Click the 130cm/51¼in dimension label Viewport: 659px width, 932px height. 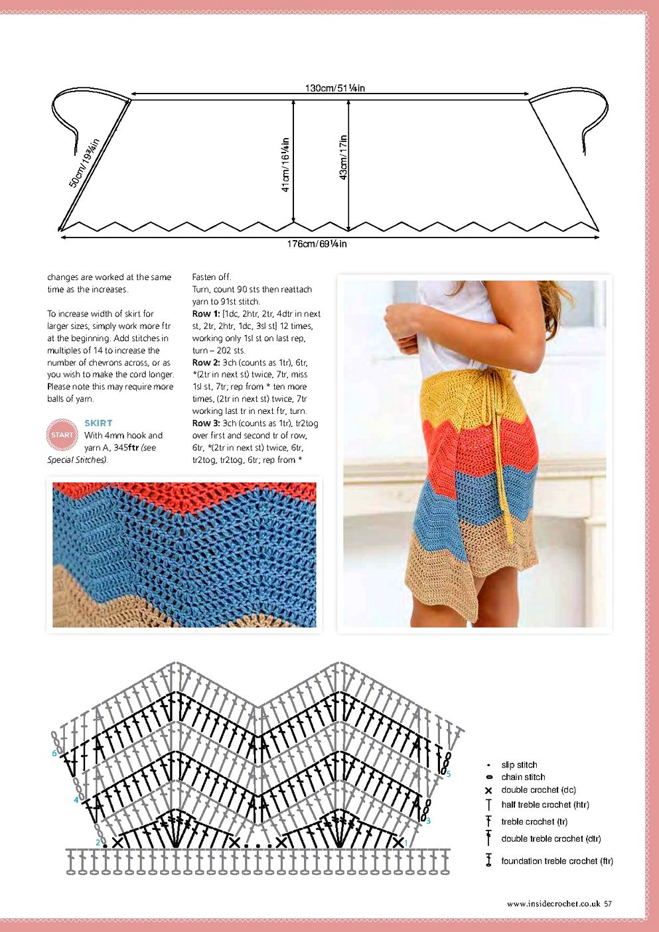(334, 88)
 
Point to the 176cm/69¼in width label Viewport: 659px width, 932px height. (317, 244)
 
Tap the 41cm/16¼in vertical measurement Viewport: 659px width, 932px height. (285, 165)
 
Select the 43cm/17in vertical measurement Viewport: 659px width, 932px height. (343, 157)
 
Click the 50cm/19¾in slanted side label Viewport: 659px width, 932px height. (84, 163)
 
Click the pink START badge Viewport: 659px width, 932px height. (62, 435)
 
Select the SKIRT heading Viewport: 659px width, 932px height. (98, 423)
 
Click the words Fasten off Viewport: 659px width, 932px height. (212, 277)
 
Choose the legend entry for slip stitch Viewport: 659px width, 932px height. (519, 765)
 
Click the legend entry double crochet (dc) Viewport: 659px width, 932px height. (538, 790)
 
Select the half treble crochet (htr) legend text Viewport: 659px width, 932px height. (545, 805)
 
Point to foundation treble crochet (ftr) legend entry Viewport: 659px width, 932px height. (557, 861)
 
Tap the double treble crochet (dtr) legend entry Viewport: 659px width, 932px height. (551, 839)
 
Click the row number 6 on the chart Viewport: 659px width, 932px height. (54, 754)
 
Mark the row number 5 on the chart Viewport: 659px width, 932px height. (449, 774)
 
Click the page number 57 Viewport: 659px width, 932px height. (608, 903)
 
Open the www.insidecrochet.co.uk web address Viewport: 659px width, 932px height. (553, 903)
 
